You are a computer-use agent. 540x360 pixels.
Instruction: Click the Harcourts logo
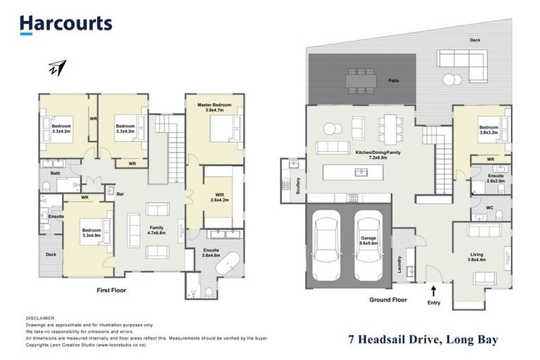(65, 24)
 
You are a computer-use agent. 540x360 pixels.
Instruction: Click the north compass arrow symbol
(57, 68)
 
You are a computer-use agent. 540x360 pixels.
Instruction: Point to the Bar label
(120, 193)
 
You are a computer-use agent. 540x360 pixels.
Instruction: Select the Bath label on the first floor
(55, 173)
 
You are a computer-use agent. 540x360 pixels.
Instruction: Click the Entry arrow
(433, 289)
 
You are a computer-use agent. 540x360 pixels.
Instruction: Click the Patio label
(394, 82)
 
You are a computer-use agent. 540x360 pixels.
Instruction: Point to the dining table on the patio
(360, 79)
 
